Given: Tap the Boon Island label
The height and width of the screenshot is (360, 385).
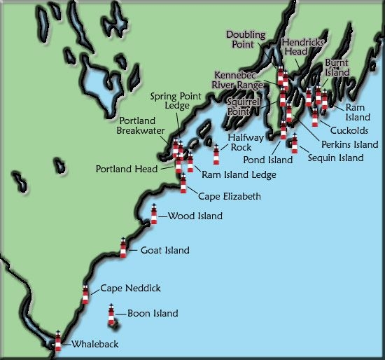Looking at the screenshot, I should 153,314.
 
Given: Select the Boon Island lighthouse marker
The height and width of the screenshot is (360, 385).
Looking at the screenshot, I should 111,316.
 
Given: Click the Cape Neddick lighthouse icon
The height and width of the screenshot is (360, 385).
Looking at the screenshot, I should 85,294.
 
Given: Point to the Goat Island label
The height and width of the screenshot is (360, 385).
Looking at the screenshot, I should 165,250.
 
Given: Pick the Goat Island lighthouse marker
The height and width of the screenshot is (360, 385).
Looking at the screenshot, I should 123,248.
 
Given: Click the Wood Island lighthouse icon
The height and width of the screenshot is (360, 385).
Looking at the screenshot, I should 154,215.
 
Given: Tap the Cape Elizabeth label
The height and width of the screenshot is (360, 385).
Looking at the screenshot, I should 230,196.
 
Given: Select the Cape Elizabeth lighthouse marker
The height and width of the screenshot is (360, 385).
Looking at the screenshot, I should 183,184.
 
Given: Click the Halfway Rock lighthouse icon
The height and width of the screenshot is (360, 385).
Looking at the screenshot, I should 216,154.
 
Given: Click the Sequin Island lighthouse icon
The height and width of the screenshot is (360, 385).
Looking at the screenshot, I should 295,144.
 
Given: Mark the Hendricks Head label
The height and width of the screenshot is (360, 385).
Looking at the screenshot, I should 302,47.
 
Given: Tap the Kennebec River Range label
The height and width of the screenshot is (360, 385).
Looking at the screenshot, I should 239,79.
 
